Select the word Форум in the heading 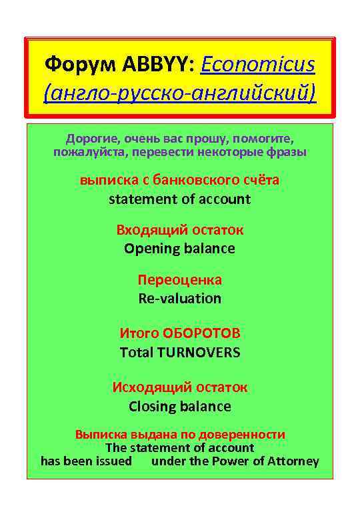point(81,65)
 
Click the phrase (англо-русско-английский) point(179,93)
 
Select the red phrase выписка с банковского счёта point(179,180)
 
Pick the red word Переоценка point(179,279)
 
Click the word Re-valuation point(179,298)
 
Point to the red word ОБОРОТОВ point(201,333)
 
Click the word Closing point(151,406)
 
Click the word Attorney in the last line point(293,461)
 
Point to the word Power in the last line point(231,461)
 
